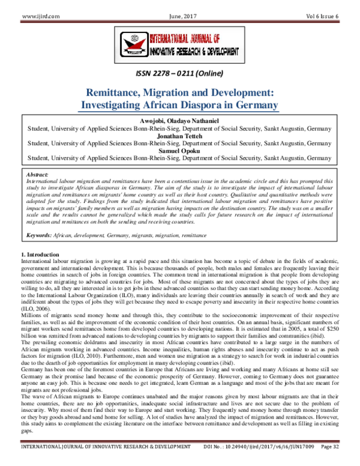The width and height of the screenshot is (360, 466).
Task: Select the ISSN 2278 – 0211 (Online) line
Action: click(180, 74)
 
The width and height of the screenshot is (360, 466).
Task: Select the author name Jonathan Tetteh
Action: click(180, 135)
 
